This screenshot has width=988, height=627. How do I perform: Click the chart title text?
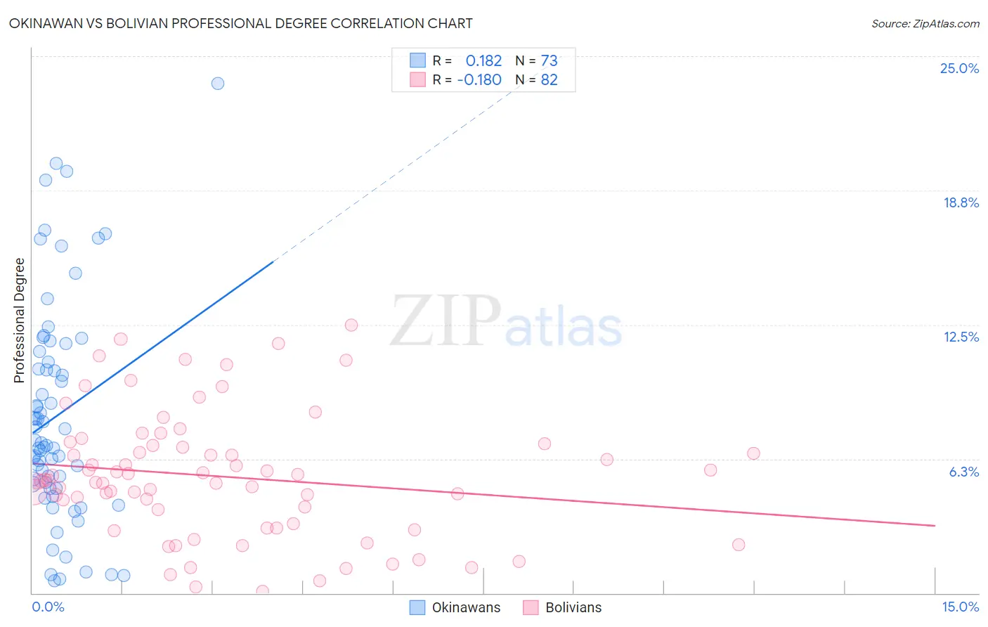(x=240, y=23)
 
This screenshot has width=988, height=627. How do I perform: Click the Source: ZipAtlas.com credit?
(x=925, y=23)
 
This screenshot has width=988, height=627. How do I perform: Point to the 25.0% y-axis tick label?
(x=959, y=68)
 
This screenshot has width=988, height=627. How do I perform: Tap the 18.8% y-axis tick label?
(x=961, y=202)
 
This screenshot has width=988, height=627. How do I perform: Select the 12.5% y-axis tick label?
(x=961, y=337)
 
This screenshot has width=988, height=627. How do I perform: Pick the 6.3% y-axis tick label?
(x=963, y=472)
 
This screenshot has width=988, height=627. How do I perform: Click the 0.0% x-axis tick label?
(x=48, y=607)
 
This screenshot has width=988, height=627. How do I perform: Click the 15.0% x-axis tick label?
(x=960, y=607)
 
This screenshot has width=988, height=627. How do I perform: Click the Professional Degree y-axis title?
(x=19, y=321)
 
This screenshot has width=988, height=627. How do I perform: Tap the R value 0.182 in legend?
(x=483, y=60)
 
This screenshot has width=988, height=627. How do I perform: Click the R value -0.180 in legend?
(x=479, y=79)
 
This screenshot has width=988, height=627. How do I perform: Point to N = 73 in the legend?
(x=537, y=60)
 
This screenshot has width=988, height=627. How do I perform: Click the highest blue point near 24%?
(x=218, y=83)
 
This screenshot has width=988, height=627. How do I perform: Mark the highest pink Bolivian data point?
(x=351, y=325)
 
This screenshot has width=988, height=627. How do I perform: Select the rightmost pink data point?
(x=753, y=453)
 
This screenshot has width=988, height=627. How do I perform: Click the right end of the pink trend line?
(x=935, y=525)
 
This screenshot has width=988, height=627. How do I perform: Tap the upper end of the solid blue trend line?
(x=273, y=261)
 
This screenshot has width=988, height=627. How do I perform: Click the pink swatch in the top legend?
(x=417, y=79)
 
